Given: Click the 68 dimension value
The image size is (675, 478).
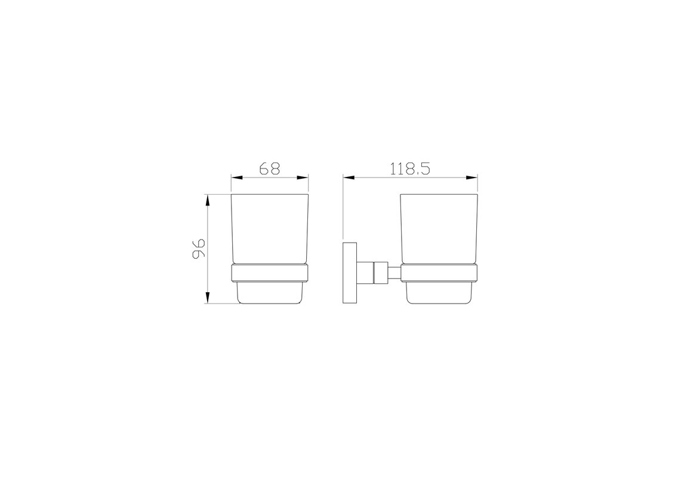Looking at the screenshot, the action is point(270,168).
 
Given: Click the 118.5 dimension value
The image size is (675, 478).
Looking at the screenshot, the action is point(410,168).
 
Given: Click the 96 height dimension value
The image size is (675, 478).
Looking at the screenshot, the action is point(199,249).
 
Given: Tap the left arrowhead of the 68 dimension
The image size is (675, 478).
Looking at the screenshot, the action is point(238,177).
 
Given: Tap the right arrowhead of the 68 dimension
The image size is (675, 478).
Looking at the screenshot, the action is point(303,177).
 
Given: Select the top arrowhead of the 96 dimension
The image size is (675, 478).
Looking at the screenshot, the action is point(208,200).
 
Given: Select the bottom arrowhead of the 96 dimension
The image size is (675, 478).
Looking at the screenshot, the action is point(208,298).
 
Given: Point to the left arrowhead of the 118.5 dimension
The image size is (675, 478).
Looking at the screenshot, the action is point(349,177).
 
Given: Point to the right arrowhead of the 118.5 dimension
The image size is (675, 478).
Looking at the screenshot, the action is point(472,177).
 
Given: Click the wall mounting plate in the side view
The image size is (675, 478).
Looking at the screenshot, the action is point(350,273).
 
